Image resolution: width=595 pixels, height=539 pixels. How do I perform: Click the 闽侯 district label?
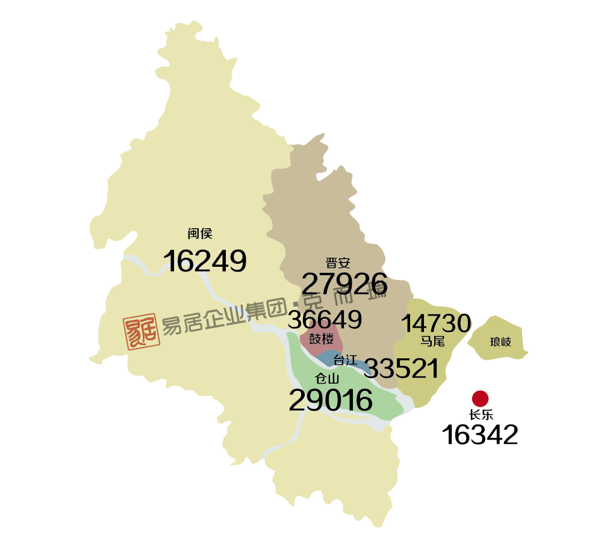click(200, 234)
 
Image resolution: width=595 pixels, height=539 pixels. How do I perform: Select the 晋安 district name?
click(338, 263)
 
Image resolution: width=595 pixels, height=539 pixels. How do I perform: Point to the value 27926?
click(344, 285)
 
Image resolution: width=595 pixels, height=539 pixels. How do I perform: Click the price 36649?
click(325, 320)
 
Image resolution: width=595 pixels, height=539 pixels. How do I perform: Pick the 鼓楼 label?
click(321, 339)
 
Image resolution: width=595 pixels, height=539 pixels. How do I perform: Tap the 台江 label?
click(346, 361)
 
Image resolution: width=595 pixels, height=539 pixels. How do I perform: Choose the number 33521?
click(402, 369)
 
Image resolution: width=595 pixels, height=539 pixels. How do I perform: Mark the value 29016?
click(331, 400)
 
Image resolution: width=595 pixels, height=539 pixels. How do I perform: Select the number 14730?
click(436, 324)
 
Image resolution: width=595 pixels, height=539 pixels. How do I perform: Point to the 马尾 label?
click(432, 341)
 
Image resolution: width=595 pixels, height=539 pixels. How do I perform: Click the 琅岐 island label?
click(500, 342)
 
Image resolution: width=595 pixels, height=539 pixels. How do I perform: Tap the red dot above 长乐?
click(480, 398)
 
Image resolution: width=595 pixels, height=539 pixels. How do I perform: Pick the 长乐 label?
click(481, 415)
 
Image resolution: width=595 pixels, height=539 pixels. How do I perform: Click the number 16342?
click(480, 435)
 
